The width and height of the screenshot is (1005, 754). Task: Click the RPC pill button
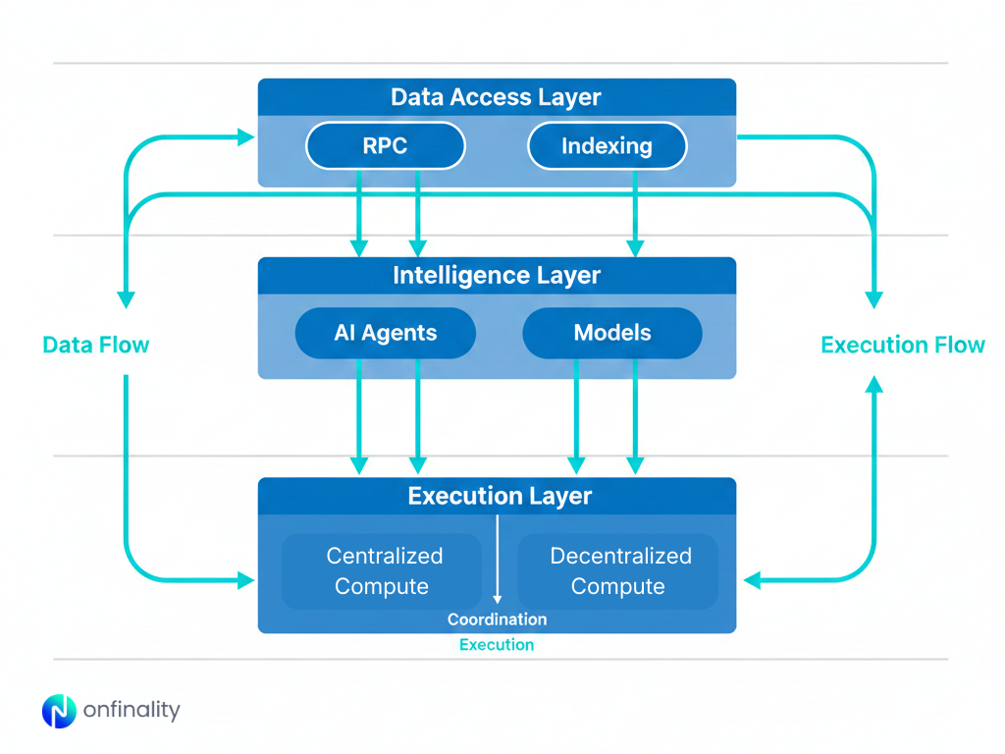(385, 146)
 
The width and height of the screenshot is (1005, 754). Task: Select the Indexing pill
(607, 146)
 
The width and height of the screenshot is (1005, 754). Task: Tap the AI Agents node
(385, 333)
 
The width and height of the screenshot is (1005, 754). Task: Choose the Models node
(611, 333)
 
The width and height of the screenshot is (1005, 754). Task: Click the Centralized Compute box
(383, 571)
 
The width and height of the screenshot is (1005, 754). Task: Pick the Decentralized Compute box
(618, 571)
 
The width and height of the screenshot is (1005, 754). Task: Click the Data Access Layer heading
(496, 97)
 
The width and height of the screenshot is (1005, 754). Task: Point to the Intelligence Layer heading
(496, 276)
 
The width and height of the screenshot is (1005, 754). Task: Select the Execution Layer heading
(500, 496)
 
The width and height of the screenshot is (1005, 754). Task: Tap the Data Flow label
(96, 345)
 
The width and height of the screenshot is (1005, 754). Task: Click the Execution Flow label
(902, 345)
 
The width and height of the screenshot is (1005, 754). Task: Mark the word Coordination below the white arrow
(497, 619)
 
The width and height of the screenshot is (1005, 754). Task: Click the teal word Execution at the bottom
(497, 645)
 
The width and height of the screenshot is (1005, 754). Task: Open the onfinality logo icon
(59, 711)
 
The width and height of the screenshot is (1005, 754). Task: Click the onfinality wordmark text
(132, 711)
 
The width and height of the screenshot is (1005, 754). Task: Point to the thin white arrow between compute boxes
(498, 560)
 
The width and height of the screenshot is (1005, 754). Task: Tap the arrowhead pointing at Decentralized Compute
(752, 580)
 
